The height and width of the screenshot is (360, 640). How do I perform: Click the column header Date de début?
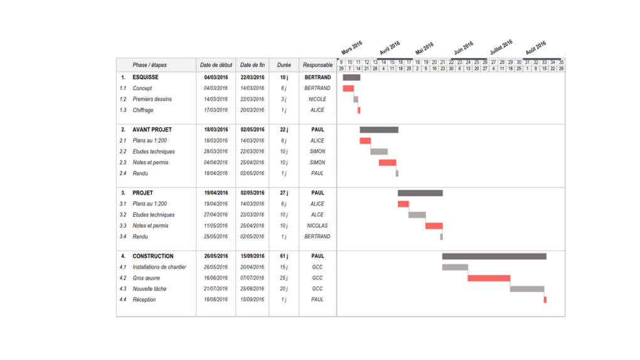point(216,65)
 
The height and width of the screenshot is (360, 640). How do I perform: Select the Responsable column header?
point(317,65)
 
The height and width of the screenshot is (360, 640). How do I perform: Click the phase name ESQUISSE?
point(146,77)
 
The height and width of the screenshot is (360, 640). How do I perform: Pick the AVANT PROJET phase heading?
point(152,130)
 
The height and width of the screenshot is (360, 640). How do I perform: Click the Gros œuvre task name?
point(146,278)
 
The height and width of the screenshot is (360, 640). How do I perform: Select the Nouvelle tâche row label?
point(149,289)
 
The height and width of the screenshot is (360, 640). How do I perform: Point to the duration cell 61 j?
point(284,256)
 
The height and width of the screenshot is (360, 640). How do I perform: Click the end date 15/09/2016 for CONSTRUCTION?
point(252,256)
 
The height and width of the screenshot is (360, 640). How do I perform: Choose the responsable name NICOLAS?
point(317,226)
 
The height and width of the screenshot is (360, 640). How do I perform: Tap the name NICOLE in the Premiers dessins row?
point(317,99)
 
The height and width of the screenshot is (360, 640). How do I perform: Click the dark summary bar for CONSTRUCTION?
point(494,256)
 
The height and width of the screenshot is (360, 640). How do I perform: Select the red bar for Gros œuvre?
point(489,278)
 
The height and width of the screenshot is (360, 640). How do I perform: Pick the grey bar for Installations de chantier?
point(455,267)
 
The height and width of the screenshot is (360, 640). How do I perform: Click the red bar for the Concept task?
point(348,88)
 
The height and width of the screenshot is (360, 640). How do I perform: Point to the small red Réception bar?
point(545,300)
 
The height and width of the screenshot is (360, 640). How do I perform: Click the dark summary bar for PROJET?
point(420,193)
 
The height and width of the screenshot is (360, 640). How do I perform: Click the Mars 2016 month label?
point(352,48)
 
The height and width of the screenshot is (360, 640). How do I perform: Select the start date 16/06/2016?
point(216,278)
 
